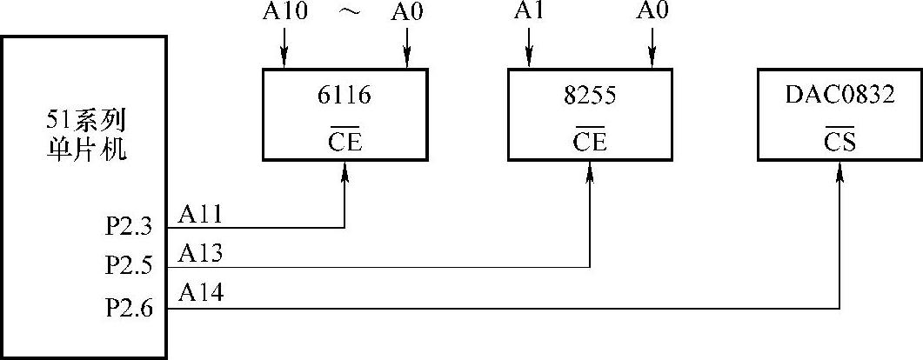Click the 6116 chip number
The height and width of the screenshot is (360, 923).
(344, 95)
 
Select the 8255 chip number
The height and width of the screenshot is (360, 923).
(590, 95)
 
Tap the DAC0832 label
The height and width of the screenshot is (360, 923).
(839, 95)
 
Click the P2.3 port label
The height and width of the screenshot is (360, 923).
(130, 228)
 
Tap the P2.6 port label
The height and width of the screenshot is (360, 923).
(130, 307)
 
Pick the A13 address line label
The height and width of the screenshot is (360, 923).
(201, 254)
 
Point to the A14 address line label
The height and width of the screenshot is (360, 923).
(201, 294)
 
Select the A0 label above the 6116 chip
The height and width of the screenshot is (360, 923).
(407, 12)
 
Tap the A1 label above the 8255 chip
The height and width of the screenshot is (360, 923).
(528, 12)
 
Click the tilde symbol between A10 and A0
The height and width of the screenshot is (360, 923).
(345, 14)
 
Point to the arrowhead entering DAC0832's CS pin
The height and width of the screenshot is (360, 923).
(839, 174)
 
